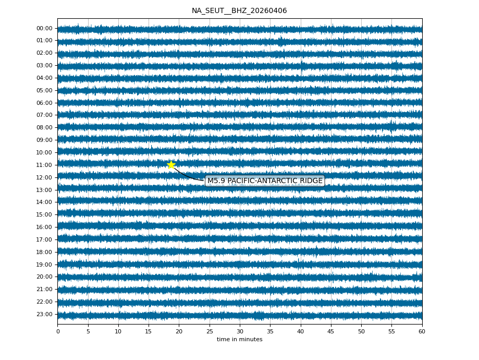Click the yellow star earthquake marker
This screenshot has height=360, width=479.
click(171, 165)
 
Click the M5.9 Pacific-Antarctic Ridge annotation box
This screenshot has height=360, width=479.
click(265, 181)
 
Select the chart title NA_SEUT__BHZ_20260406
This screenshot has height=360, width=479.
click(239, 11)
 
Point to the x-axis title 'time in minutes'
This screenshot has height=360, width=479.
click(239, 340)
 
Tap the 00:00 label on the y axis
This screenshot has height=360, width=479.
click(44, 28)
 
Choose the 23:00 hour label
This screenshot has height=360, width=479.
click(44, 314)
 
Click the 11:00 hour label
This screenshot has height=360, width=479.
click(44, 165)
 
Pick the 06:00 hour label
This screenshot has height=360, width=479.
click(44, 103)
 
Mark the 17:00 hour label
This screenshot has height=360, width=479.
click(44, 239)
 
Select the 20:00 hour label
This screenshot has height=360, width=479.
click(44, 277)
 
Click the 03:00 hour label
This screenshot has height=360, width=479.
click(44, 65)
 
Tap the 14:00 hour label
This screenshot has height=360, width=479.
click(44, 202)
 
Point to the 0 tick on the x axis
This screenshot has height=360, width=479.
click(58, 331)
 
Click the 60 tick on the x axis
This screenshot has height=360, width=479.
click(422, 331)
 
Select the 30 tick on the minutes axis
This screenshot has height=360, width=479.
click(240, 331)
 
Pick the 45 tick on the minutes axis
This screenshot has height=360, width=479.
click(331, 331)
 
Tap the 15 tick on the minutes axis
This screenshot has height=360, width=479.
click(149, 331)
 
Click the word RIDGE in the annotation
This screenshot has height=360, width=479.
click(311, 181)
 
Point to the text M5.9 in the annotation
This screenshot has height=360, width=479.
click(216, 181)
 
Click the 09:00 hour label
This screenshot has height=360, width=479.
click(44, 140)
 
